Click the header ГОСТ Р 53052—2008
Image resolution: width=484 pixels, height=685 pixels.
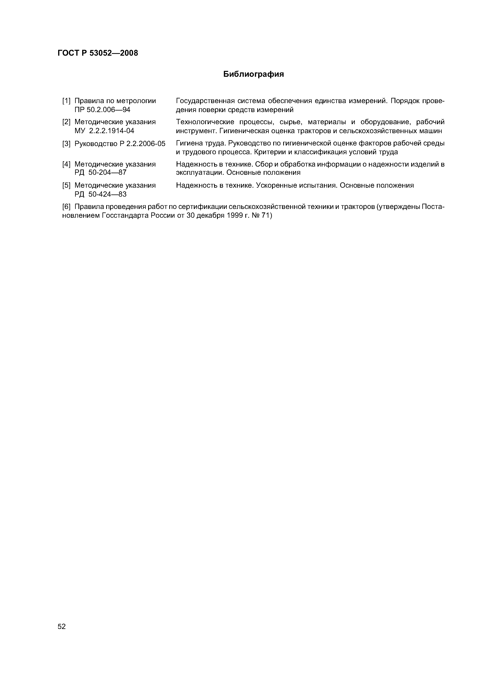pyautogui.click(x=98, y=53)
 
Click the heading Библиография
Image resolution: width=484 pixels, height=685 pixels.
pyautogui.click(x=254, y=74)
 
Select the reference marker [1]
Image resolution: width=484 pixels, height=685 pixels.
pyautogui.click(x=66, y=101)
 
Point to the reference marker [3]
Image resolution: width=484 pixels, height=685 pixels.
pyautogui.click(x=66, y=144)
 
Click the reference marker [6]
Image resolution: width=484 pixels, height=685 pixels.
pyautogui.click(x=66, y=207)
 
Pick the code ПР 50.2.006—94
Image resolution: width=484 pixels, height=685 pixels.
pyautogui.click(x=102, y=110)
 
